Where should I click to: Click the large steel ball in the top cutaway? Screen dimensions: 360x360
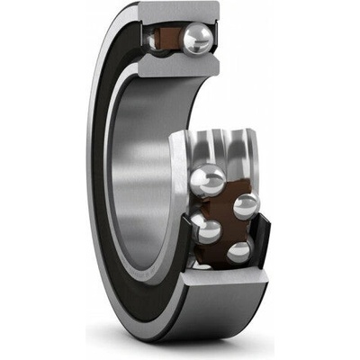tap(197, 40)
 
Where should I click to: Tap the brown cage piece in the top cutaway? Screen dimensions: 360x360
tap(166, 40)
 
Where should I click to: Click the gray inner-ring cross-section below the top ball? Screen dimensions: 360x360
tap(176, 66)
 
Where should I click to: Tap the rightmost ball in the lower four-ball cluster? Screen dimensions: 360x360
tap(245, 206)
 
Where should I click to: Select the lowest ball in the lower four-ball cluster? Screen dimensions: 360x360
tap(238, 252)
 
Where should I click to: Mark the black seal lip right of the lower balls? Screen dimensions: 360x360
tap(262, 236)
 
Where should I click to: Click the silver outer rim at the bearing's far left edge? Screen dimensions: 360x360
tap(94, 180)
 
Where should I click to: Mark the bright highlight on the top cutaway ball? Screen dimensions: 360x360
tap(193, 34)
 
